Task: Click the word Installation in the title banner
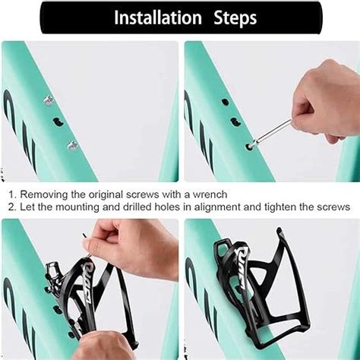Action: tap(157, 17)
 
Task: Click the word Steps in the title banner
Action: tap(235, 18)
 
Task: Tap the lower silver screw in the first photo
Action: tap(73, 145)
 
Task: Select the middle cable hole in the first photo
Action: tap(58, 122)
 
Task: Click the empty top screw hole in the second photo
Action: tap(225, 102)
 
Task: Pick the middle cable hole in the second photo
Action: tap(235, 122)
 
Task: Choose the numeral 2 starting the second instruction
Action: tap(11, 207)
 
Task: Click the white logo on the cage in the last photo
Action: tap(242, 266)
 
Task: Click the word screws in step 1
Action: tap(143, 194)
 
